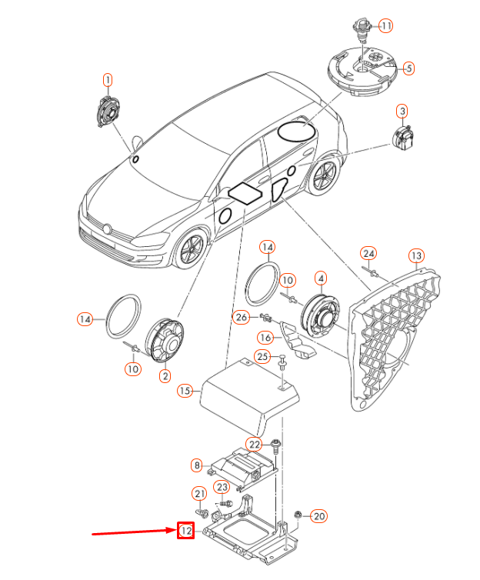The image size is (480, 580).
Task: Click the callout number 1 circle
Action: [x=108, y=79]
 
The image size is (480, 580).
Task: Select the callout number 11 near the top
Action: [x=385, y=25]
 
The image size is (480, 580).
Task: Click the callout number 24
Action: [x=369, y=254]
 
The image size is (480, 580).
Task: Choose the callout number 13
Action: [x=416, y=255]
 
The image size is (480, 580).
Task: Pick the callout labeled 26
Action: [x=242, y=317]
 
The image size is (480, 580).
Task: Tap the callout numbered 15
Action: [x=184, y=391]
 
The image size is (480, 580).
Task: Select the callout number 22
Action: [x=255, y=444]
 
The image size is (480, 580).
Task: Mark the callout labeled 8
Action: [x=197, y=465]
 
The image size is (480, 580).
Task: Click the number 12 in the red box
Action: [x=185, y=531]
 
